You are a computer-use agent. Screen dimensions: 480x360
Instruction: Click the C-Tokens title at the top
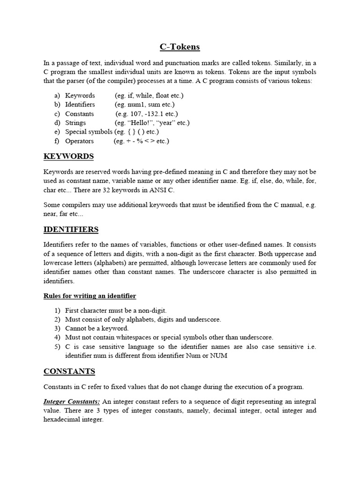click(180, 46)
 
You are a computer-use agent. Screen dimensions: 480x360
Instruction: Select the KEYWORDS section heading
click(68, 156)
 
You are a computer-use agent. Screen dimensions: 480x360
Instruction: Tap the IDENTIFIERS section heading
click(71, 229)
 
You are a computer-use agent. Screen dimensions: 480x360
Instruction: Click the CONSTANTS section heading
click(69, 371)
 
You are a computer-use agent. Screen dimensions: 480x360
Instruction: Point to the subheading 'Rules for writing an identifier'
click(90, 296)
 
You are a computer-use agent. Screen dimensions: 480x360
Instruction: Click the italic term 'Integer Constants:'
click(71, 402)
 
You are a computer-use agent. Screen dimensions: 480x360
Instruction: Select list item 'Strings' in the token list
click(75, 123)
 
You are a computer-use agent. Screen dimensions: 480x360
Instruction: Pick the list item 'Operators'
click(79, 141)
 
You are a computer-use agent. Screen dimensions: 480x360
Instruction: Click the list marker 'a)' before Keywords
click(57, 96)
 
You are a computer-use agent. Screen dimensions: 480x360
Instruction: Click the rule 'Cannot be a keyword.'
click(97, 328)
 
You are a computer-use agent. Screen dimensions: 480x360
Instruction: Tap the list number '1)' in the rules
click(57, 310)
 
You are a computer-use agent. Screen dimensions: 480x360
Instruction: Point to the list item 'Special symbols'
click(89, 132)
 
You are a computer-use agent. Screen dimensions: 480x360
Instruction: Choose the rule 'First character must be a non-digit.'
click(116, 310)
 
